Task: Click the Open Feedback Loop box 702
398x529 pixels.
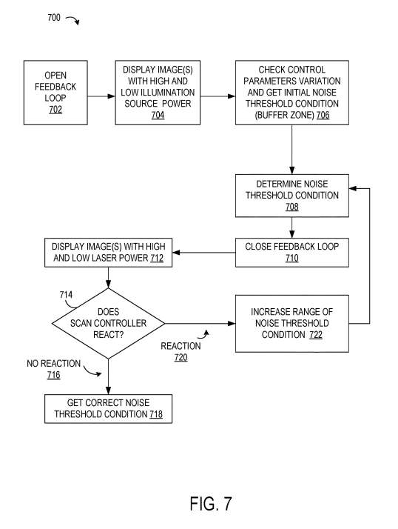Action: tap(55, 93)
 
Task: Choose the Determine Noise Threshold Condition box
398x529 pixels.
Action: tap(291, 196)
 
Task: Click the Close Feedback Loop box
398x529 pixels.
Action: tap(291, 253)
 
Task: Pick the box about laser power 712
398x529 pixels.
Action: tap(108, 253)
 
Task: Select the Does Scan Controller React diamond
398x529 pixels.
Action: tap(108, 323)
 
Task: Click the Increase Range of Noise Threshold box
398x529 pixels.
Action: tap(291, 323)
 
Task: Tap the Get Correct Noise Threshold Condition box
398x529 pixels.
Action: tap(108, 407)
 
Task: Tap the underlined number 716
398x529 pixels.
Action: tap(52, 376)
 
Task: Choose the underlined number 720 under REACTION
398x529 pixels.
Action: tap(181, 358)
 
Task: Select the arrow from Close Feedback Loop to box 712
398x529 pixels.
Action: tap(204, 253)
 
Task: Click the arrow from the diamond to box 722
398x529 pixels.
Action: tap(200, 323)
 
